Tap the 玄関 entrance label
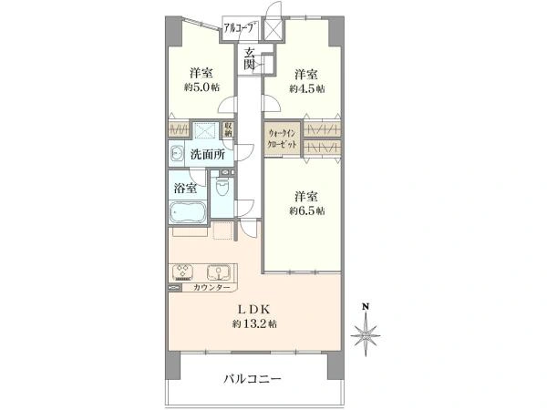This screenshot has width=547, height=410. click(x=248, y=58)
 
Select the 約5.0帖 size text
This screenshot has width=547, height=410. click(x=201, y=87)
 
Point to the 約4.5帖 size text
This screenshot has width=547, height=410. click(x=307, y=88)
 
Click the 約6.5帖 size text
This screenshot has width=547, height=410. click(x=307, y=211)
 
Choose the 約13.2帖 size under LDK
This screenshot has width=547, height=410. click(x=254, y=323)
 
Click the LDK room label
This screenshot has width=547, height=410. click(x=254, y=309)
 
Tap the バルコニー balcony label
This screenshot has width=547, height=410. click(x=253, y=379)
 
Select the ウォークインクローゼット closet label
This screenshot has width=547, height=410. click(x=282, y=138)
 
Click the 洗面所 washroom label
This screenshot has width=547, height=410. click(x=208, y=155)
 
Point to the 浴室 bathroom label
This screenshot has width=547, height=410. click(x=185, y=189)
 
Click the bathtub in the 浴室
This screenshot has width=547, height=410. click(x=188, y=211)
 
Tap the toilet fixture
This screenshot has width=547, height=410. click(x=222, y=187)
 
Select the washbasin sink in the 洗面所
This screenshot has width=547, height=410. click(x=177, y=153)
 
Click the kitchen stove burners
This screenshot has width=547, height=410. click(x=183, y=272)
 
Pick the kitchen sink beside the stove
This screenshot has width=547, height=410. click(x=219, y=272)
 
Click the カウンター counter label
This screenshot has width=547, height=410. click(x=212, y=287)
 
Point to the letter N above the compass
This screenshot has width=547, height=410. click(x=366, y=307)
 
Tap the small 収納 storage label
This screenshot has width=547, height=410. click(x=228, y=129)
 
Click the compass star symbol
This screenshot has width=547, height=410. click(x=366, y=335)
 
